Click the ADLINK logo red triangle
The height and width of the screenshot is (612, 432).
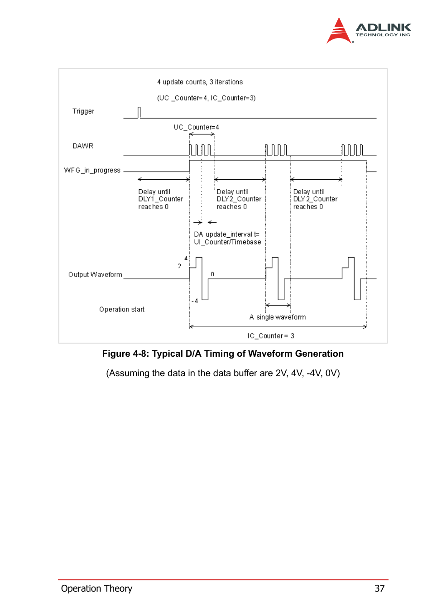pos(338,32)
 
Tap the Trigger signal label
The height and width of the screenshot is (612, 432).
pos(83,111)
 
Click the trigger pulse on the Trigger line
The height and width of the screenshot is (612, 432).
pos(139,112)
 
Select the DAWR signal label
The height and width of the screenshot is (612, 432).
pos(83,146)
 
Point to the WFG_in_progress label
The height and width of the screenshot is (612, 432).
pos(92,170)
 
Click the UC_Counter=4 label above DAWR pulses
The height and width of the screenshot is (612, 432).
pos(196,127)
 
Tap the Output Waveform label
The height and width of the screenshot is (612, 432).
pos(95,275)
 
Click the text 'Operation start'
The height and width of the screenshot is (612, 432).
pos(122,310)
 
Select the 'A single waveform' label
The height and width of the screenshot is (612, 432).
pos(277,317)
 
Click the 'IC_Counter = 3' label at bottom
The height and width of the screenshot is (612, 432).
pos(270,336)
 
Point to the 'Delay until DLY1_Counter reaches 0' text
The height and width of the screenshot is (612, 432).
pos(160,199)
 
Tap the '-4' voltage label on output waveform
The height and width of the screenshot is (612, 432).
pos(195,301)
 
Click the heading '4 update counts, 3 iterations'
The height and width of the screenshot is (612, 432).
pos(200,82)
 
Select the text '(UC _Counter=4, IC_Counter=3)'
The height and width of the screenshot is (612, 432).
pos(206,98)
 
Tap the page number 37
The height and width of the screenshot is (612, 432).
pos(379,588)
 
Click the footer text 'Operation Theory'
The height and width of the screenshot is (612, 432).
pos(96,588)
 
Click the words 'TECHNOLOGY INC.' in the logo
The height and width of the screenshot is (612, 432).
pos(383,35)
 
